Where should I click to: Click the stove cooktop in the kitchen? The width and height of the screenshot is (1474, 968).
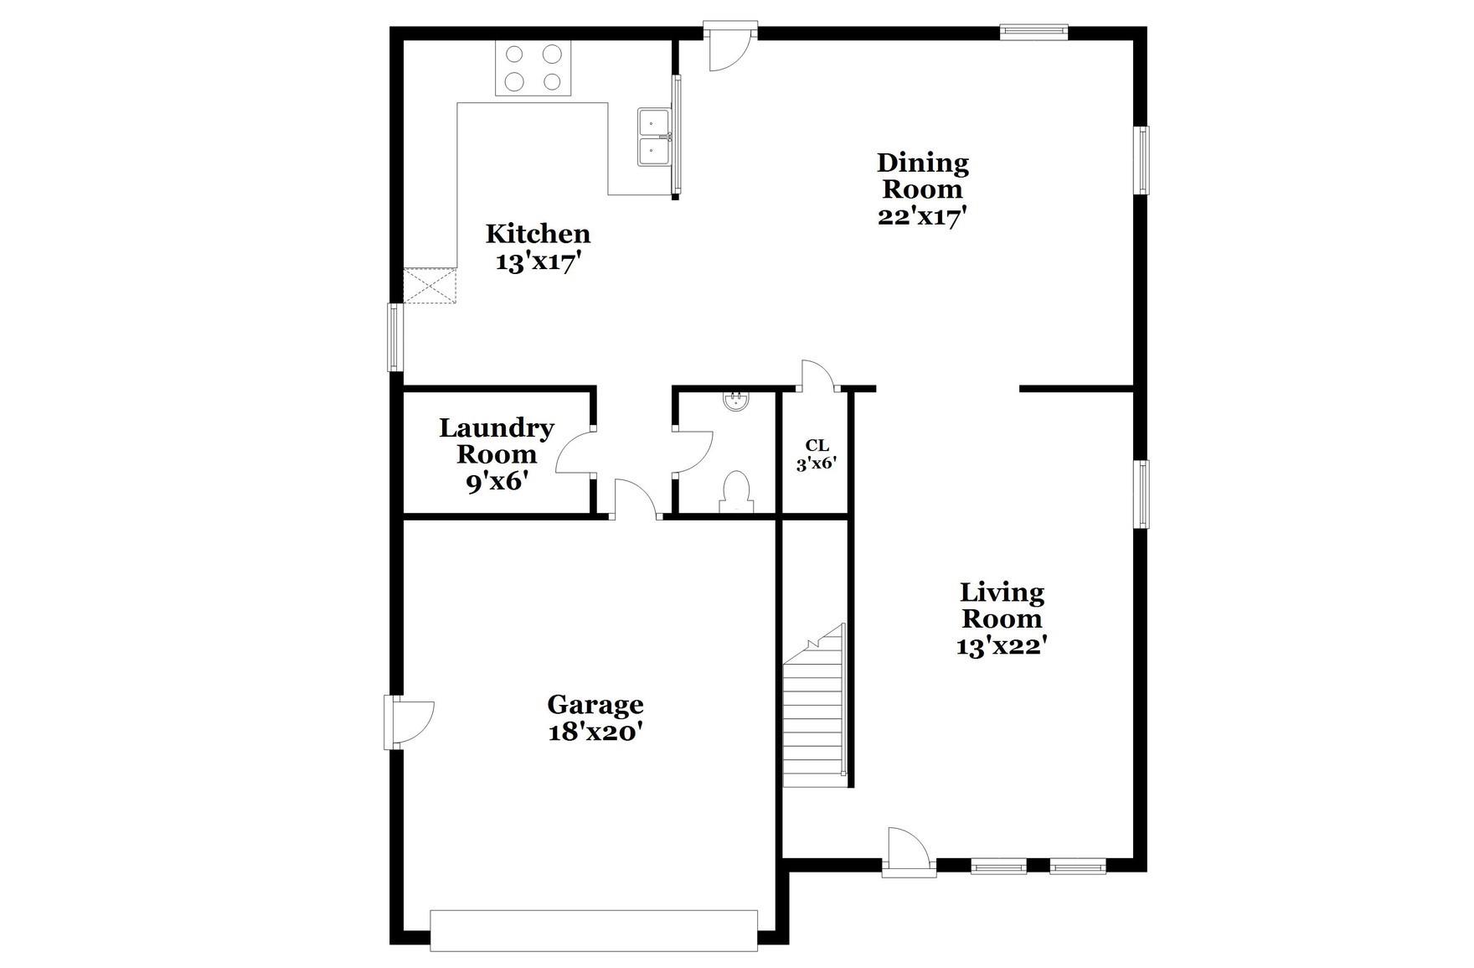pyautogui.click(x=533, y=68)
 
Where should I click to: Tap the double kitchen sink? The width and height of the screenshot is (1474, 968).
pyautogui.click(x=654, y=137)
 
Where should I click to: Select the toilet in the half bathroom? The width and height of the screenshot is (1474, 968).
pyautogui.click(x=736, y=492)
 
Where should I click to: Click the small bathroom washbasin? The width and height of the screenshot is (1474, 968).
pyautogui.click(x=736, y=401)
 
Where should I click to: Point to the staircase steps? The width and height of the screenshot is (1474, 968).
pyautogui.click(x=812, y=721)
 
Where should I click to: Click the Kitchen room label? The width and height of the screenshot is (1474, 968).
pyautogui.click(x=538, y=234)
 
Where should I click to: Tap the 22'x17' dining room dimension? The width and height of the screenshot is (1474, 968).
pyautogui.click(x=922, y=216)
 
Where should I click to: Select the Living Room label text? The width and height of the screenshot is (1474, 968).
pyautogui.click(x=1002, y=606)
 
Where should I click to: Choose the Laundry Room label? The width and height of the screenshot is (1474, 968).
pyautogui.click(x=497, y=442)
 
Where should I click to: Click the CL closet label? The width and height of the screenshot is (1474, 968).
pyautogui.click(x=817, y=446)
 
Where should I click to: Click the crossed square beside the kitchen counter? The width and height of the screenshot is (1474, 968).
pyautogui.click(x=430, y=286)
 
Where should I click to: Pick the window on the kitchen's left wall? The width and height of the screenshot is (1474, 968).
pyautogui.click(x=395, y=337)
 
